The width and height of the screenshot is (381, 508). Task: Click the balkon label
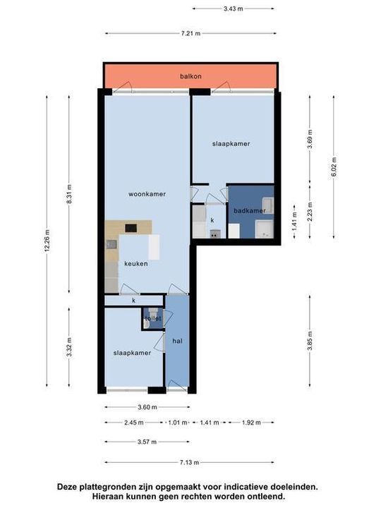[190, 76]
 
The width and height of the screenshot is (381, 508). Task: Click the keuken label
[136, 263]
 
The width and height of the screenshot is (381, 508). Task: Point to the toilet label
[153, 318]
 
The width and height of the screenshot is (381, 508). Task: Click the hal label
[177, 340]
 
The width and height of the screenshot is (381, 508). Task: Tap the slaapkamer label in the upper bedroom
[231, 143]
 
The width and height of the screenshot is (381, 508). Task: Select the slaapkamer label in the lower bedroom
[132, 353]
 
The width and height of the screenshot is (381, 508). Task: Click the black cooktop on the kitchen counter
[131, 228]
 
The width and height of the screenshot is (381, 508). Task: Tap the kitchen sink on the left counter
[111, 245]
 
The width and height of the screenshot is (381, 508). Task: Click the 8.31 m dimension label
[68, 193]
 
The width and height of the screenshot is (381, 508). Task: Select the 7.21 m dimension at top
[190, 33]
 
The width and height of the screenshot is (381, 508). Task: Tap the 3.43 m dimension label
[233, 9]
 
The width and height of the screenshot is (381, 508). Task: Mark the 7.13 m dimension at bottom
[188, 463]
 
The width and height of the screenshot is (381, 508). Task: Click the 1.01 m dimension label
[176, 423]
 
